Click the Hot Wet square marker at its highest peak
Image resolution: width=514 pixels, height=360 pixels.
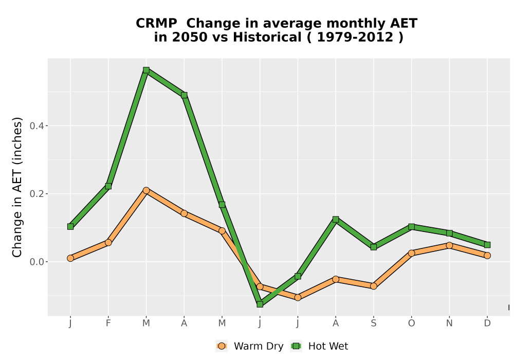pyautogui.click(x=146, y=70)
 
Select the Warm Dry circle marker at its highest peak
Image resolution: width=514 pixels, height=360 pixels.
pyautogui.click(x=146, y=190)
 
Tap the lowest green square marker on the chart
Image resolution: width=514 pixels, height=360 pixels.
pyautogui.click(x=260, y=304)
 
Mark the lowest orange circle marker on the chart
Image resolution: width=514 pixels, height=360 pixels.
pyautogui.click(x=298, y=297)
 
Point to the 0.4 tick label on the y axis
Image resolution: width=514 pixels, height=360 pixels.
pyautogui.click(x=36, y=126)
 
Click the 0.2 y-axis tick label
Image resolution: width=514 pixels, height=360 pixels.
pyautogui.click(x=36, y=194)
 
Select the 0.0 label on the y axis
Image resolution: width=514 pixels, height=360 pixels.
pyautogui.click(x=36, y=262)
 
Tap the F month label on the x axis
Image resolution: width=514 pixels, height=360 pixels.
pyautogui.click(x=108, y=323)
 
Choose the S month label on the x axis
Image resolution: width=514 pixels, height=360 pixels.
pyautogui.click(x=373, y=323)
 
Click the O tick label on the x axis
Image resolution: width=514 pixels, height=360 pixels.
pyautogui.click(x=411, y=323)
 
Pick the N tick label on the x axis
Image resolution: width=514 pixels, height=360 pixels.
pyautogui.click(x=449, y=323)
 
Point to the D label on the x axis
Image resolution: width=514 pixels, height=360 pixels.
pyautogui.click(x=487, y=323)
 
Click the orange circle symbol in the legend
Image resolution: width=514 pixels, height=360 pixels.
pyautogui.click(x=222, y=346)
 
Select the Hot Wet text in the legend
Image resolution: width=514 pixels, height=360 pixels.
pyautogui.click(x=328, y=346)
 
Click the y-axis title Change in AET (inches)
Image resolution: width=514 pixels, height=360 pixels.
pyautogui.click(x=17, y=187)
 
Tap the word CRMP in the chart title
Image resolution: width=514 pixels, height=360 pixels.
pyautogui.click(x=156, y=24)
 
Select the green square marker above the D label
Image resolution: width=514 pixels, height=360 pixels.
pyautogui.click(x=487, y=245)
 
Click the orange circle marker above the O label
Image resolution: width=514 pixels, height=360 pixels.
pyautogui.click(x=411, y=253)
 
